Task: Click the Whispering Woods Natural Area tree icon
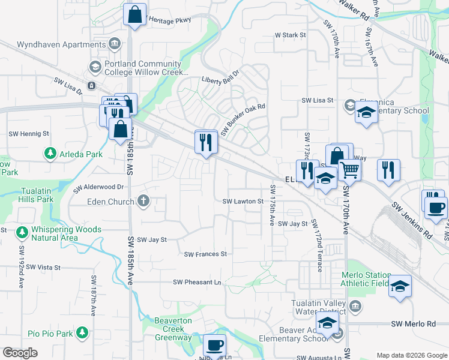pyautogui.click(x=22, y=231)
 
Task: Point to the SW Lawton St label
pyautogui.click(x=243, y=202)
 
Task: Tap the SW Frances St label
pyautogui.click(x=205, y=254)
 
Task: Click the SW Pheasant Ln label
pyautogui.click(x=197, y=282)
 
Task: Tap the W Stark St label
pyautogui.click(x=291, y=35)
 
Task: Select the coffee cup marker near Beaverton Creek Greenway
pyautogui.click(x=214, y=346)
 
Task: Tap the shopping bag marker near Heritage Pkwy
pyautogui.click(x=135, y=14)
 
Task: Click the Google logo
pyautogui.click(x=20, y=353)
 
